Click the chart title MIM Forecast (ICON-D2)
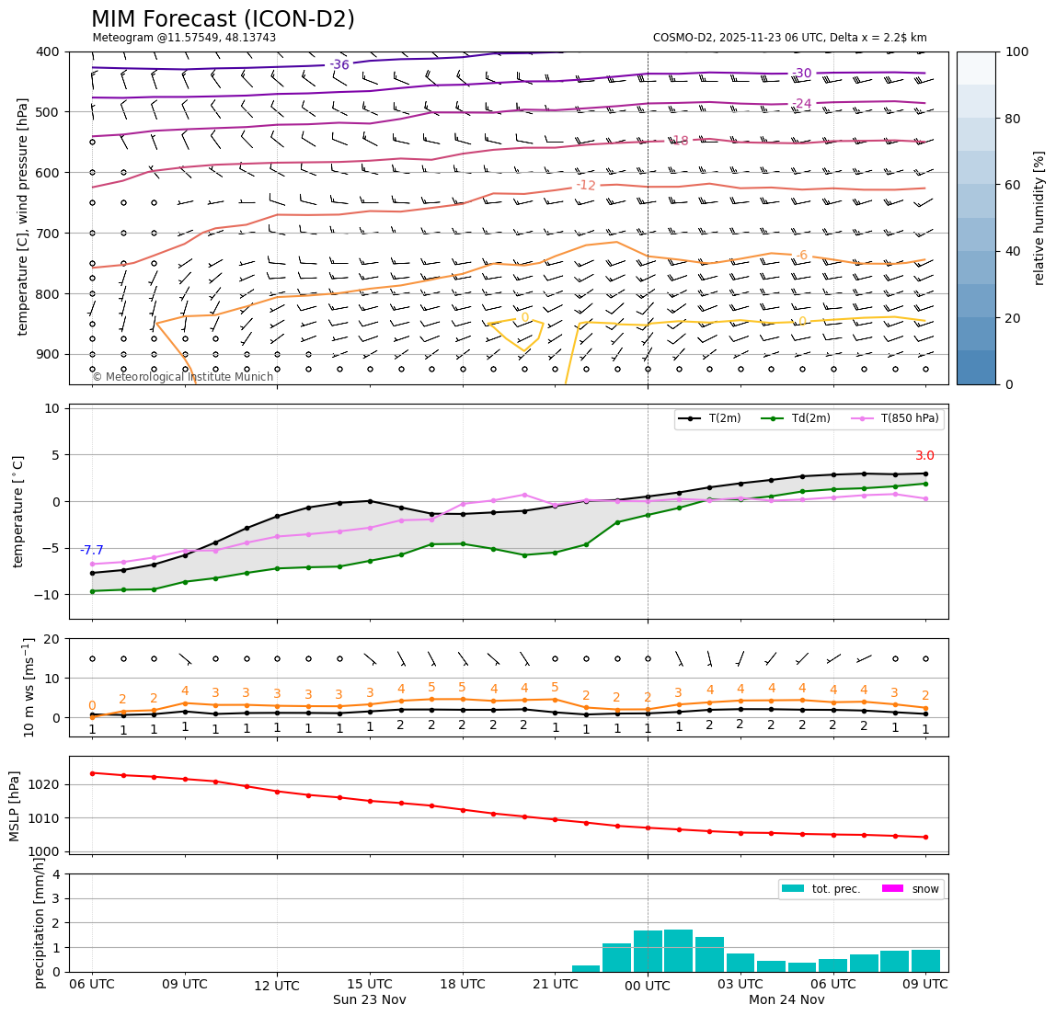pyautogui.click(x=223, y=19)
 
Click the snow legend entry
pyautogui.click(x=912, y=889)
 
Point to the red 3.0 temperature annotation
pyautogui.click(x=924, y=456)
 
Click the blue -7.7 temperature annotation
pyautogui.click(x=92, y=551)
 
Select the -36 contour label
pyautogui.click(x=339, y=65)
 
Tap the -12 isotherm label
pyautogui.click(x=586, y=186)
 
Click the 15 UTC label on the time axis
pyautogui.click(x=370, y=985)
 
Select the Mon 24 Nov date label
pyautogui.click(x=786, y=1000)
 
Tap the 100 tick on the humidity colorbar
pyautogui.click(x=1016, y=51)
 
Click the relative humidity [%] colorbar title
pyautogui.click(x=1039, y=218)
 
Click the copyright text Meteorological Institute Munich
pyautogui.click(x=183, y=377)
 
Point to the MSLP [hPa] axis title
pyautogui.click(x=15, y=805)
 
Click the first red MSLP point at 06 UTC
pyautogui.click(x=92, y=773)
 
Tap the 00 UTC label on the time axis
pyautogui.click(x=648, y=985)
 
